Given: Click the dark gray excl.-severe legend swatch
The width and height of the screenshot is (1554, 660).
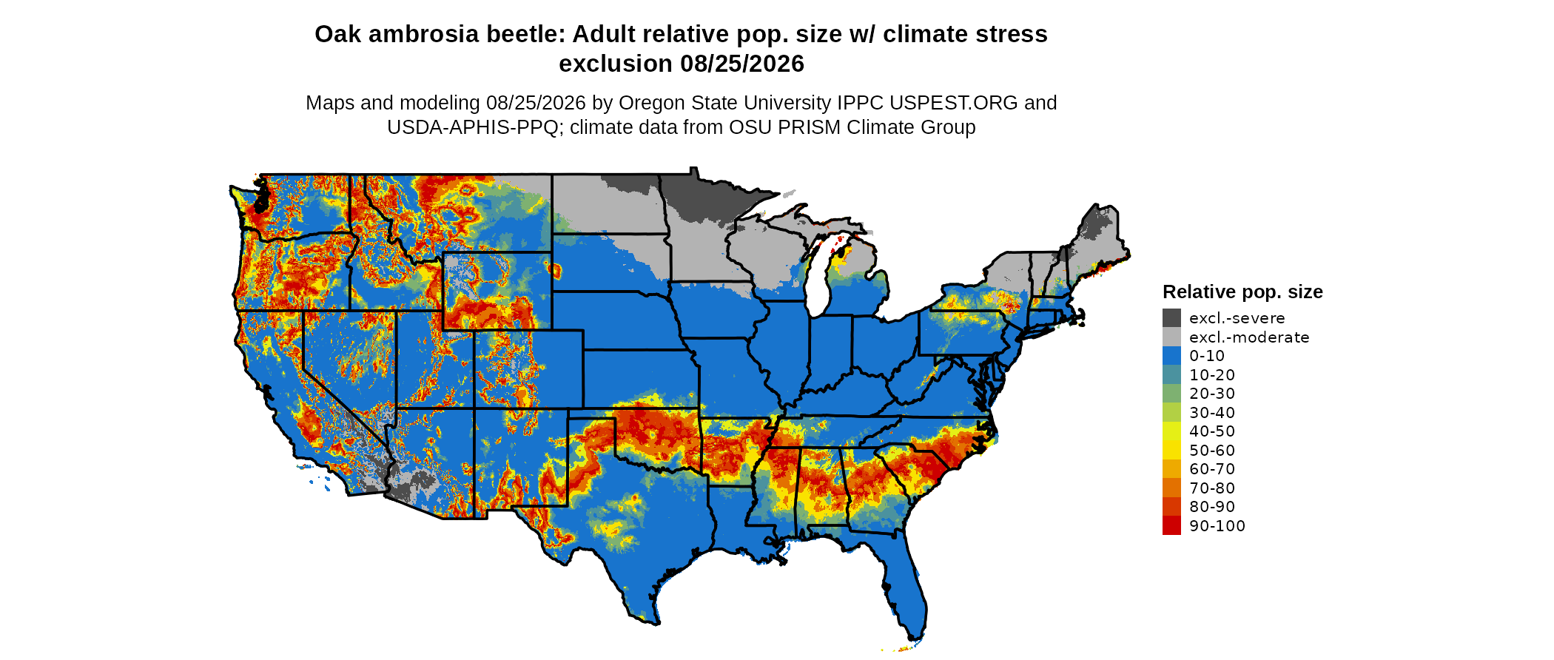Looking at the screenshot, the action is click(1171, 318).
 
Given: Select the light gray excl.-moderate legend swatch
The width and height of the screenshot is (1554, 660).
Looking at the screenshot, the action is click(1171, 337).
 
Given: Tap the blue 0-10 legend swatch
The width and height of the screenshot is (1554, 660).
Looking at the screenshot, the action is click(1171, 356).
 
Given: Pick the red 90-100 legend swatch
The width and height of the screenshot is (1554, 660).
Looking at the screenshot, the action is click(1171, 525).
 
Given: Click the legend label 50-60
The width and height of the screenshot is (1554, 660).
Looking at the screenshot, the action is click(1212, 450).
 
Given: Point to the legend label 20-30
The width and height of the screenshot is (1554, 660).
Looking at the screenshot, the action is click(1212, 394).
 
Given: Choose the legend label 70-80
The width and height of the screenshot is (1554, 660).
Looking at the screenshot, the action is click(1212, 488).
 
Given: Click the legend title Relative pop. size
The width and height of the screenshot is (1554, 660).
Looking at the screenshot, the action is click(1242, 292).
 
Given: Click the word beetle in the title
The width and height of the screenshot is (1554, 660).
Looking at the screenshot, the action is click(525, 34).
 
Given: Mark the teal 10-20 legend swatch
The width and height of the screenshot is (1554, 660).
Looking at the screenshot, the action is click(1171, 374).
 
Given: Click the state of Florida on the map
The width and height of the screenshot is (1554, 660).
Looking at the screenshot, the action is click(907, 585).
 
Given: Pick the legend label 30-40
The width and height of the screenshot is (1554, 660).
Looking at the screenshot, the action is click(1212, 412).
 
